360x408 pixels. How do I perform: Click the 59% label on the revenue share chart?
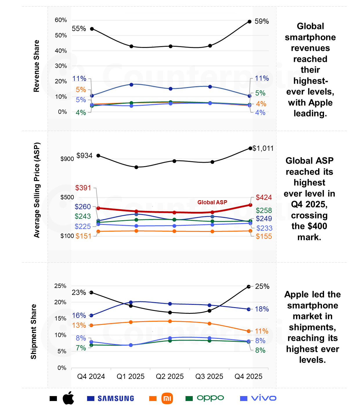click(262, 22)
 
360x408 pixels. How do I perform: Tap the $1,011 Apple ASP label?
click(263, 148)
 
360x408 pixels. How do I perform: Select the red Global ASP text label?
click(212, 202)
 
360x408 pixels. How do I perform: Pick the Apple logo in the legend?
click(69, 398)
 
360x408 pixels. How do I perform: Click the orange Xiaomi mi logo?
click(167, 398)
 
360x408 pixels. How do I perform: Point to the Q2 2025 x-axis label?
click(170, 377)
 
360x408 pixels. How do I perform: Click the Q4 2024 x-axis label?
click(91, 377)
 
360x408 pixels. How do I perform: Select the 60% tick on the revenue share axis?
click(61, 20)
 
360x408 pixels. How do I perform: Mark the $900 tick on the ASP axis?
click(67, 159)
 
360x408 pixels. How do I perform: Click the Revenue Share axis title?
click(36, 66)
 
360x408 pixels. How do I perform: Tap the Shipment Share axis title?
click(34, 332)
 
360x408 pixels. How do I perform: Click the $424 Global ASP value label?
click(264, 198)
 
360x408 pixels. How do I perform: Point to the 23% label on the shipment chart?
click(79, 293)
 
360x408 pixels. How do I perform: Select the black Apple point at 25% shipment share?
click(249, 287)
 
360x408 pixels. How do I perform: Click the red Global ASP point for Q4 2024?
click(98, 208)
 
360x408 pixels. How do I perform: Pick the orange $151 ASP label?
click(83, 236)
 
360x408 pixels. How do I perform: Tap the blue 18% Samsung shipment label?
click(262, 309)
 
